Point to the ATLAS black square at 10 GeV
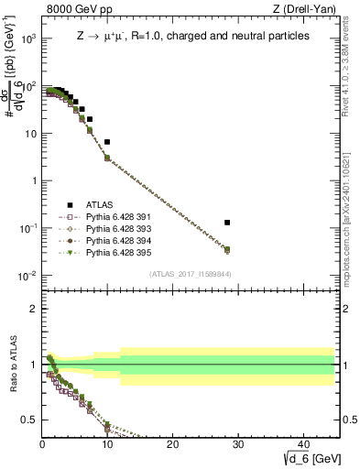click(x=107, y=142)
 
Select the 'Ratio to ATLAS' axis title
click(x=12, y=365)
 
